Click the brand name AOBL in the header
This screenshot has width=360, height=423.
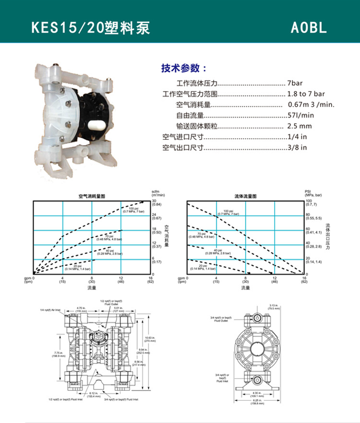309,27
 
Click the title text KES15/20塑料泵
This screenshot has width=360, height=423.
91,27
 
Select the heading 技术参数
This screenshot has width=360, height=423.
184,68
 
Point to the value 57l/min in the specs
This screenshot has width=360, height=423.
300,115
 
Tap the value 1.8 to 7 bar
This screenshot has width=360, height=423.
306,94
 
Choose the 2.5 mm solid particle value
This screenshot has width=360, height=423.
300,126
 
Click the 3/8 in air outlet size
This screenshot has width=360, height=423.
297,147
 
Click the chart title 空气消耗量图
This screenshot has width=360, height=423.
92,197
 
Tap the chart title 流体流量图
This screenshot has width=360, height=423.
245,197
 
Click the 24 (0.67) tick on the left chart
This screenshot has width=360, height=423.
156,216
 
